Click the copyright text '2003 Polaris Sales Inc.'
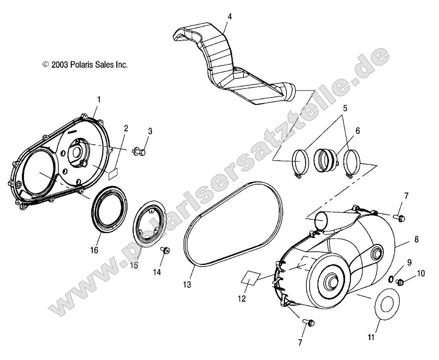85,64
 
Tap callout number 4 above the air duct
230,17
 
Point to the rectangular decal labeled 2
113,173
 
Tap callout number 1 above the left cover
99,100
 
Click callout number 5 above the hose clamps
345,108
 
